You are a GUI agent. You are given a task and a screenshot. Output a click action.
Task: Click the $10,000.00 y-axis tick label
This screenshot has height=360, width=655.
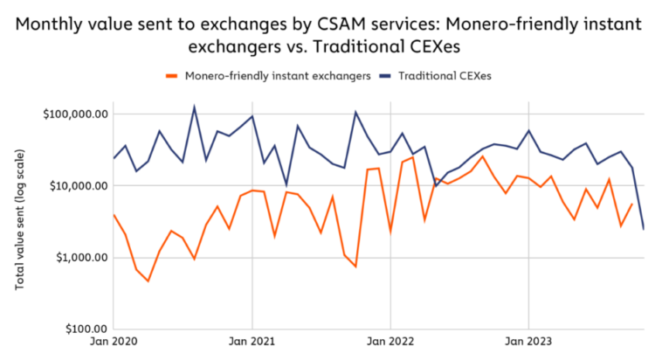pyautogui.click(x=75, y=186)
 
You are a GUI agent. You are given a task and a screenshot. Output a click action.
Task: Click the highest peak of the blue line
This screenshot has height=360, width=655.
pyautogui.click(x=194, y=107)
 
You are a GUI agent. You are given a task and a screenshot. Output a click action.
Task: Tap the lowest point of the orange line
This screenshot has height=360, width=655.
pyautogui.click(x=148, y=281)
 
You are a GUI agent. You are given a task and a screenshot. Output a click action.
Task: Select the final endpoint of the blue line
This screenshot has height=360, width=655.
pyautogui.click(x=644, y=229)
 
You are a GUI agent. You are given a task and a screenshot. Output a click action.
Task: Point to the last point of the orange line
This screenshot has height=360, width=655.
pyautogui.click(x=632, y=204)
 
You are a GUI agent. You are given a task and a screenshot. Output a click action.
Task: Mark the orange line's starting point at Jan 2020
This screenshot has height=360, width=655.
pyautogui.click(x=114, y=214)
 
